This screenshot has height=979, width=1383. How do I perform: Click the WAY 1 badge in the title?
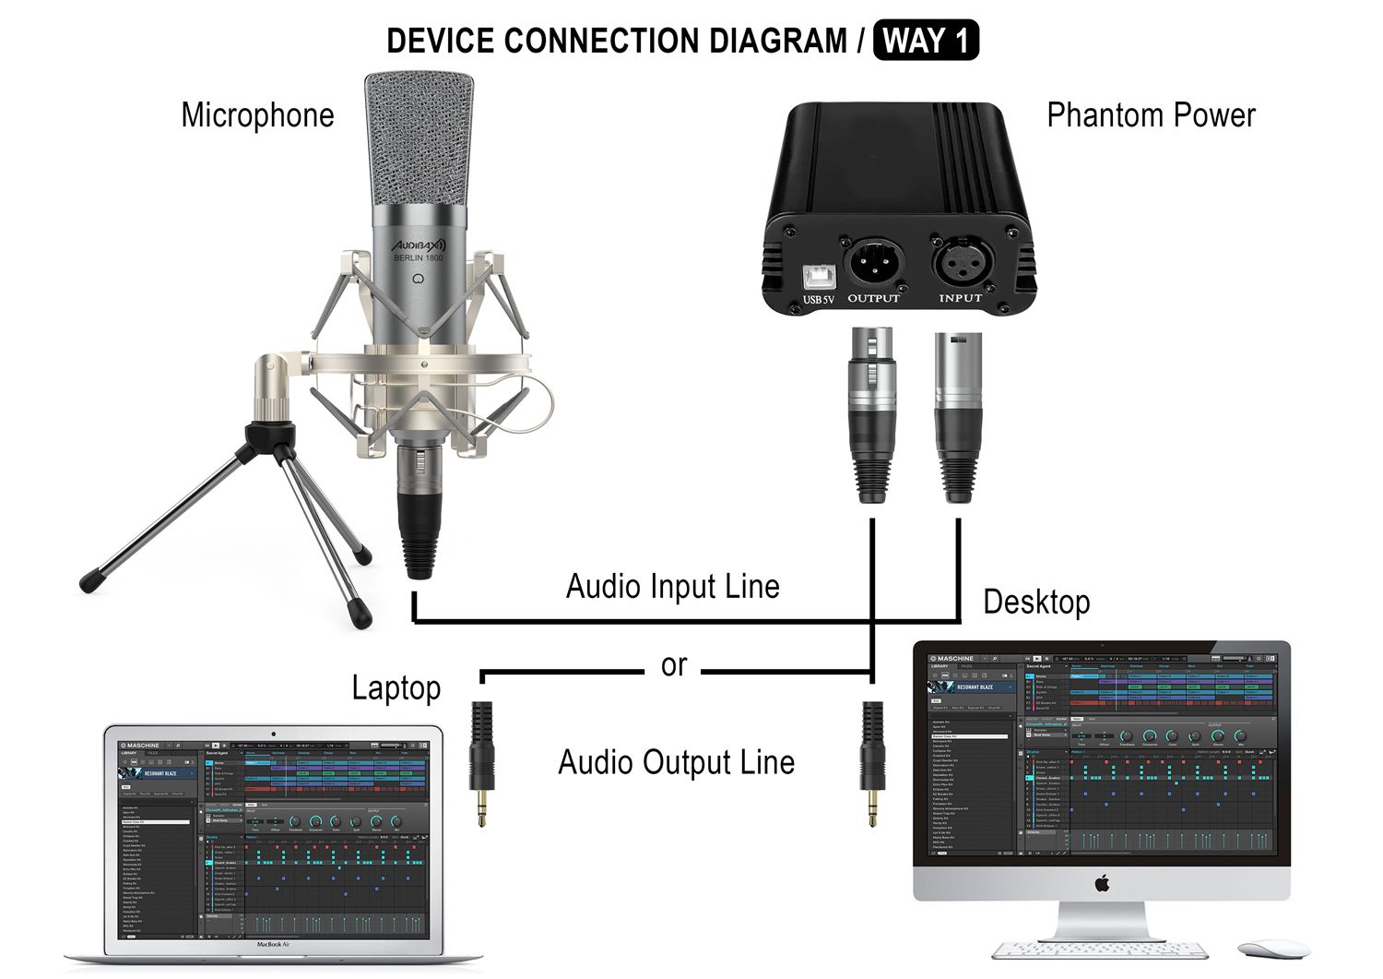926,41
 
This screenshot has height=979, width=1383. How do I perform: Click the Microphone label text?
257,115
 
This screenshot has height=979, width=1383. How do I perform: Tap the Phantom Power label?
1151,115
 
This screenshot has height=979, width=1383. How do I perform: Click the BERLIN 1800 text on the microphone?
419,258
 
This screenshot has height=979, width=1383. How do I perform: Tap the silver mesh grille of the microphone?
419,138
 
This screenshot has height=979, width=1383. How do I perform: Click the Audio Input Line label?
672,587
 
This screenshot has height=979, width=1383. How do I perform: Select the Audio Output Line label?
676,763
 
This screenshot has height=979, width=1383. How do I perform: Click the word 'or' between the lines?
674,664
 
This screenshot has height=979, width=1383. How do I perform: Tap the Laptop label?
396,687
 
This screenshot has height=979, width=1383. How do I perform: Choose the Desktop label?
1036,602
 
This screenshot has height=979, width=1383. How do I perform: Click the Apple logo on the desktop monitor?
1102,884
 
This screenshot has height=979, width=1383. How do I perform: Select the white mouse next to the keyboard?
1273,949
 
